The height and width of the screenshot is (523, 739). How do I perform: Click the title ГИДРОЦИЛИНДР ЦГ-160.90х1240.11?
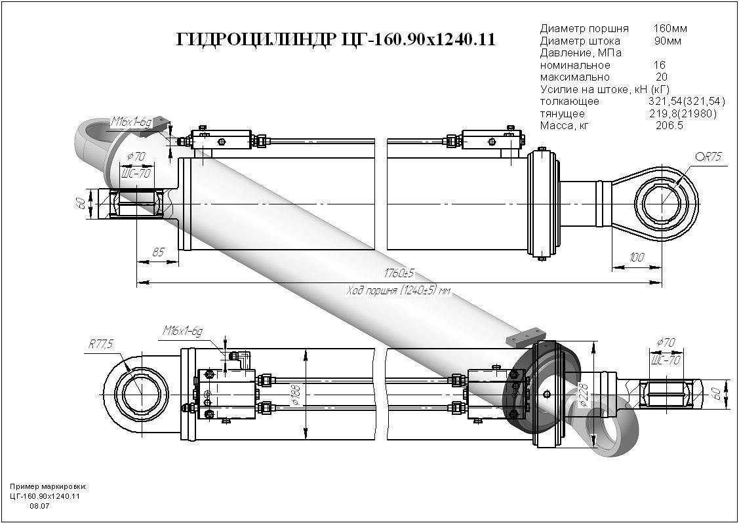tap(336, 41)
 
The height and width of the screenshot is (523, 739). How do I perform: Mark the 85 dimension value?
tap(157, 250)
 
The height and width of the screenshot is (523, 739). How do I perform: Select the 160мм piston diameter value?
tap(670, 29)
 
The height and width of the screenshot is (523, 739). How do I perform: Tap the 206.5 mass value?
tap(669, 126)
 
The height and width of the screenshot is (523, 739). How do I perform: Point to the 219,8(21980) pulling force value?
tap(682, 114)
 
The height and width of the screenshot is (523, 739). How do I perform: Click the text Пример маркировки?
tap(49, 487)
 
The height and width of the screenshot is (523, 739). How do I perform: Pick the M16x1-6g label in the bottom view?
tap(182, 332)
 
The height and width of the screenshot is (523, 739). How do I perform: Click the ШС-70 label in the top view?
tap(136, 174)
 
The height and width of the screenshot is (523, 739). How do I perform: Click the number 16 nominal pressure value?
tap(659, 66)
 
